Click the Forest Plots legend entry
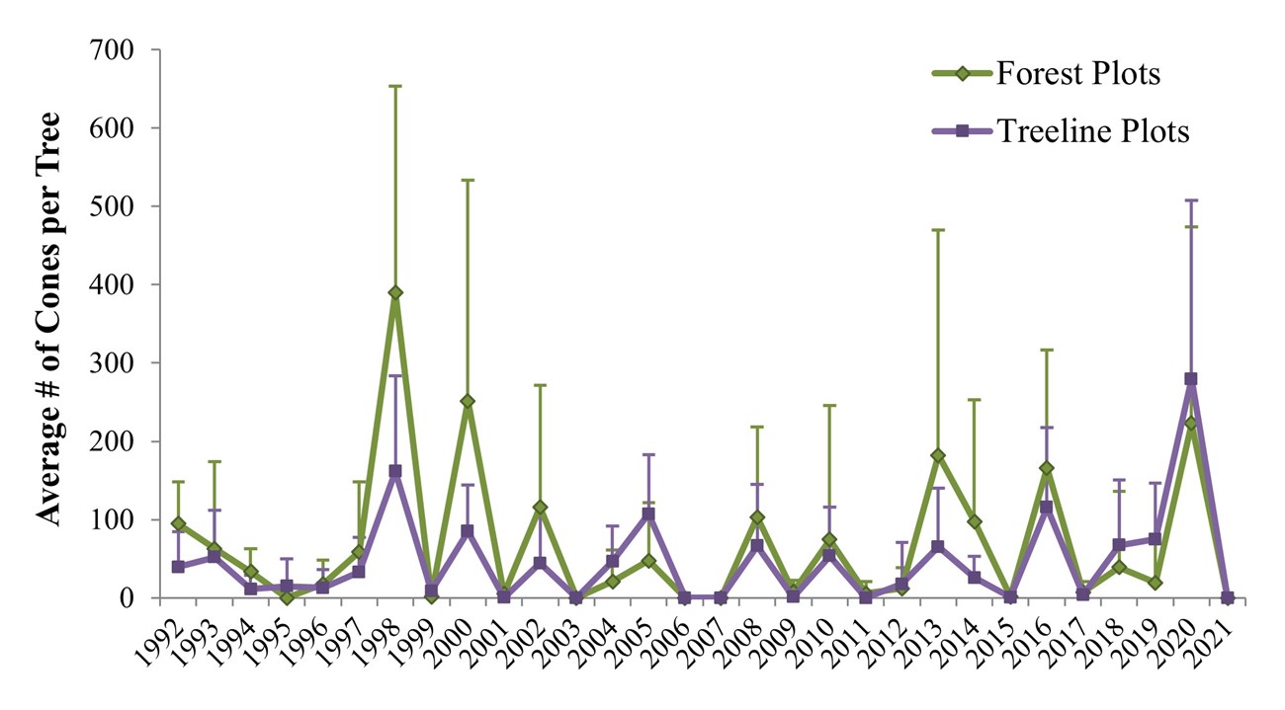[1077, 73]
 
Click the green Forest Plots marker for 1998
[395, 292]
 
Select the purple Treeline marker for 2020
[1190, 379]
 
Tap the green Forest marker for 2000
[468, 401]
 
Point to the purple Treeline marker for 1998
[395, 471]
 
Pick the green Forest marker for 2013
[937, 455]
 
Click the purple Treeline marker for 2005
[648, 514]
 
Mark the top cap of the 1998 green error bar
[395, 86]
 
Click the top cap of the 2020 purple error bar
[1190, 200]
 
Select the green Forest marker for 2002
[540, 508]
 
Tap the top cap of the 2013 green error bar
[937, 229]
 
